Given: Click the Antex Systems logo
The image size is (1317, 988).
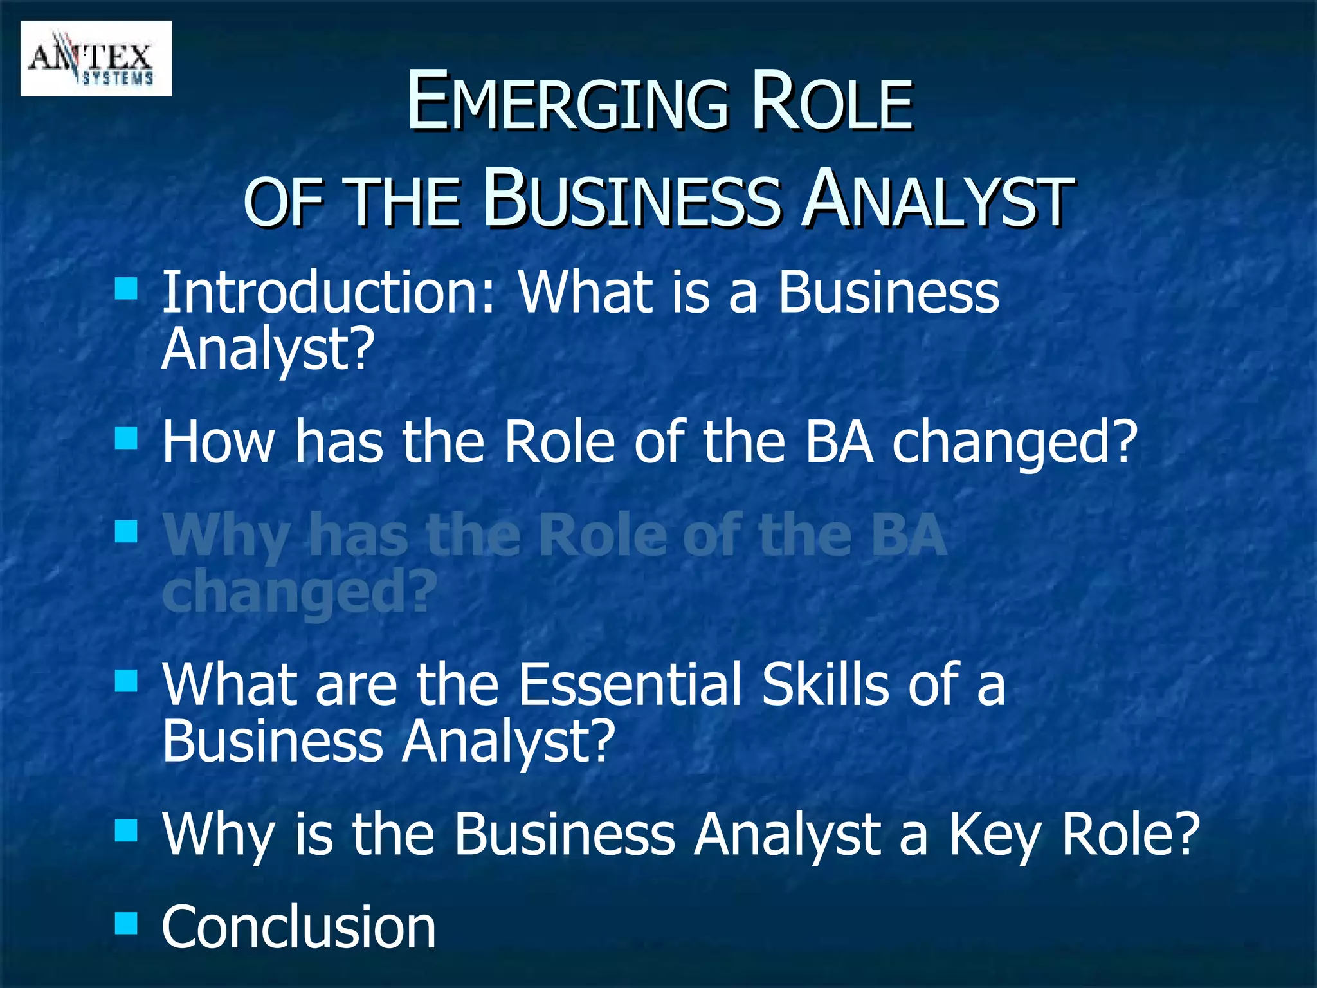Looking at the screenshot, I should click(96, 59).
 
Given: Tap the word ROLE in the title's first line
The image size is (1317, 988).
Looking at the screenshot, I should click(832, 103).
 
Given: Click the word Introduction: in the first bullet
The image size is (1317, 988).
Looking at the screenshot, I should click(329, 293).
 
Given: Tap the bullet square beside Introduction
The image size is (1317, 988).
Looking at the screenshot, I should click(127, 289).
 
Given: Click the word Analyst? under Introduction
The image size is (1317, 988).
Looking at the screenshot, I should click(268, 349).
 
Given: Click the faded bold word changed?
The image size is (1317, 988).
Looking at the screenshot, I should click(300, 592).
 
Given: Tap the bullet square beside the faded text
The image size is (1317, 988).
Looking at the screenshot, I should click(127, 532).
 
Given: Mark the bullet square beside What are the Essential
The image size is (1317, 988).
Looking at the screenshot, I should click(127, 681).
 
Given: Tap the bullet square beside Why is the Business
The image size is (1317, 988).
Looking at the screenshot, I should click(127, 830).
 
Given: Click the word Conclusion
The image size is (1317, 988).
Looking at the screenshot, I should click(299, 928).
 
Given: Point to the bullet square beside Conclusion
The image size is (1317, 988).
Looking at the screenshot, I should click(127, 924).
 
